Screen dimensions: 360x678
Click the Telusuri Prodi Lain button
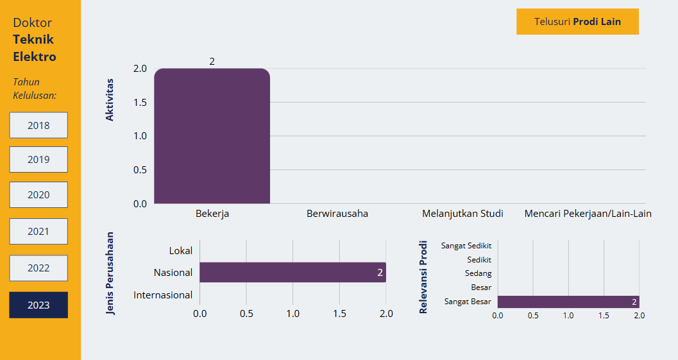(577, 21)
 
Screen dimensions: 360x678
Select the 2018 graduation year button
(38, 125)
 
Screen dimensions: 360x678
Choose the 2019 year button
(38, 159)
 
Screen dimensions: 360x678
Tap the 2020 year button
(38, 194)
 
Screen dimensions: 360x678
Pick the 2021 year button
(38, 231)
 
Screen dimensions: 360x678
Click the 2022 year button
(38, 268)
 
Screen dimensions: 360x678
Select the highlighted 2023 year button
(38, 305)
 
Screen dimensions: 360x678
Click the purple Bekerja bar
(212, 136)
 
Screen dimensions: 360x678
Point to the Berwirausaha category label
(337, 214)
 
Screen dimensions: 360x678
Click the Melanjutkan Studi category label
(462, 214)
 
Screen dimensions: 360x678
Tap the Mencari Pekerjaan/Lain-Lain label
(588, 214)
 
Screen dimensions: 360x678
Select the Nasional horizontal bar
(292, 272)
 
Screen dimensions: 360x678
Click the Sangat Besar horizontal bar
(568, 302)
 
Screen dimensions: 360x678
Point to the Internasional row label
(163, 295)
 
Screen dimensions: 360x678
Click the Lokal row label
(181, 250)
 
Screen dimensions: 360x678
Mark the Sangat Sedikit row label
(466, 246)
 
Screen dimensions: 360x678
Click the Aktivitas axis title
(110, 100)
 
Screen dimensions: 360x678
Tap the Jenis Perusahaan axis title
(110, 273)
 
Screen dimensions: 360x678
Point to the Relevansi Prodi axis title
(423, 277)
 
